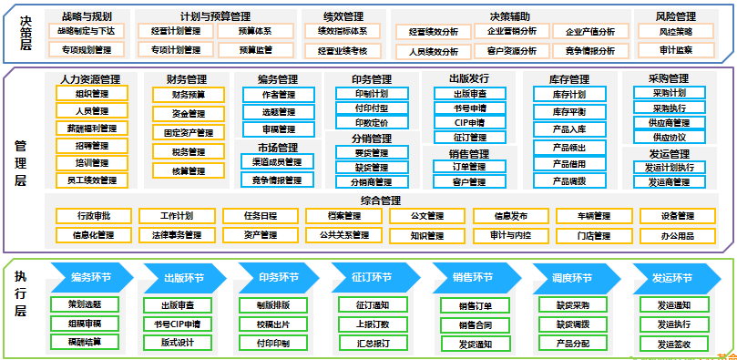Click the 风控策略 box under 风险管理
coord(675,32)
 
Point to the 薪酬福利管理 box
coord(92,129)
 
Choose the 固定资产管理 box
coord(188,133)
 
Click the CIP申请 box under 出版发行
coord(469,122)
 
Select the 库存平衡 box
coord(569,111)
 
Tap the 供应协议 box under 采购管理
coord(667,137)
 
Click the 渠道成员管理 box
coord(277,161)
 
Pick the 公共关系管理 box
coord(343,235)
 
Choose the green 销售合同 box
coord(475,324)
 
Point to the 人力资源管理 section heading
coord(89,79)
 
